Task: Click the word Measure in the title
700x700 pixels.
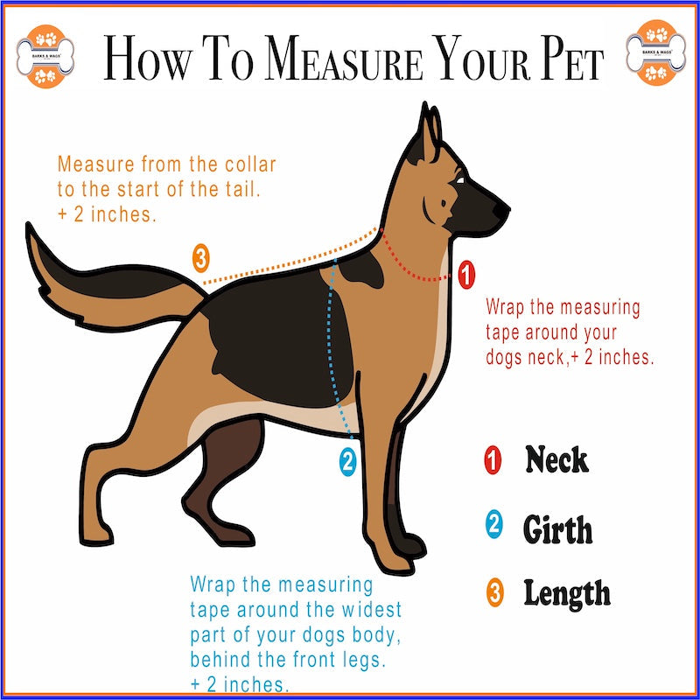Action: tap(344, 58)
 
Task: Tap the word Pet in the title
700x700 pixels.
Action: tap(572, 58)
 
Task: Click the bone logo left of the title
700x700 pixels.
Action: tap(45, 57)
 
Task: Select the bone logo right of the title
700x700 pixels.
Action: tap(655, 53)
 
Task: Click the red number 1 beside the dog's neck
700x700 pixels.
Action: tap(466, 275)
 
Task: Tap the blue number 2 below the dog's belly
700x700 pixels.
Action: tap(347, 462)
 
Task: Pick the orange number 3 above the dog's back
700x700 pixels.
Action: tap(201, 258)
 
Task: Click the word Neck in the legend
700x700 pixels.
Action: tap(556, 459)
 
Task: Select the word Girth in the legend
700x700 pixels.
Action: tap(557, 529)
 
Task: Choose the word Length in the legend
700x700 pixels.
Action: tap(567, 594)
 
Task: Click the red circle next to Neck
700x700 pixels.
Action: tap(493, 460)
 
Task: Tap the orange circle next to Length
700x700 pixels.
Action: tap(494, 592)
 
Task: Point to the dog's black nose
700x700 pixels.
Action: tap(500, 209)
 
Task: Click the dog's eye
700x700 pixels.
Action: tap(459, 180)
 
